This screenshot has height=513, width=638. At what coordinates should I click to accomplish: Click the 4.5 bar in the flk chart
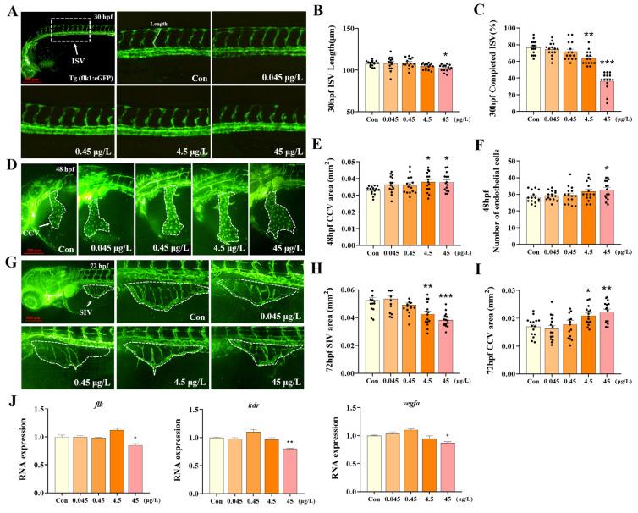[116, 459]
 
